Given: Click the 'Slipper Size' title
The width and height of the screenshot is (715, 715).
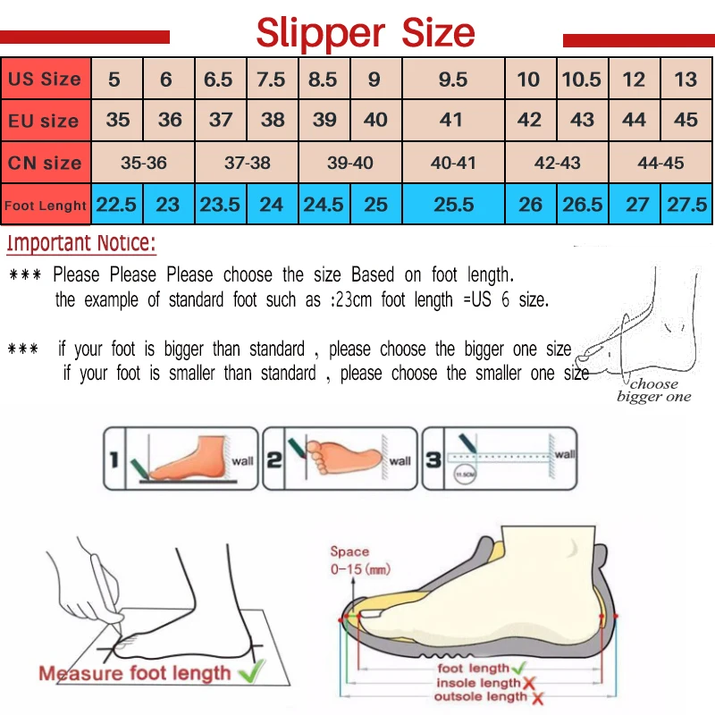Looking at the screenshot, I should pyautogui.click(x=366, y=34).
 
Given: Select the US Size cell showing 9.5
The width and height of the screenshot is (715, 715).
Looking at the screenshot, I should pyautogui.click(x=453, y=80).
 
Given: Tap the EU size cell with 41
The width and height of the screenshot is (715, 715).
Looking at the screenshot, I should pyautogui.click(x=452, y=120).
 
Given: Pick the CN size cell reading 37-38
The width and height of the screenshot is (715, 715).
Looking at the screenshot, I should pyautogui.click(x=247, y=163).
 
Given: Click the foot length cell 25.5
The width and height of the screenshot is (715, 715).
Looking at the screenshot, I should pyautogui.click(x=453, y=205).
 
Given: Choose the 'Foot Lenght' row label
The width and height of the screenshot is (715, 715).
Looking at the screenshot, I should pyautogui.click(x=46, y=205).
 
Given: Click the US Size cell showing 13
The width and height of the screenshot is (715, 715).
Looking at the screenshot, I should pyautogui.click(x=686, y=80).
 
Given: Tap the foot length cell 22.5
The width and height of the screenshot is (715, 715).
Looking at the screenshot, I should pyautogui.click(x=117, y=205).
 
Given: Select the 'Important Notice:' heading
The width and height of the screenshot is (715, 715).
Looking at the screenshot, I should pyautogui.click(x=81, y=243).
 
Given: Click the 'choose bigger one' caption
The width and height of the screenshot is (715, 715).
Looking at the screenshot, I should pyautogui.click(x=654, y=391).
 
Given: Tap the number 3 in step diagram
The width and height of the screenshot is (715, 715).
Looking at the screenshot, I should pyautogui.click(x=433, y=460).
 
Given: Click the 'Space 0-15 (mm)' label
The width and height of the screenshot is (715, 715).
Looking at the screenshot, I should pyautogui.click(x=357, y=560).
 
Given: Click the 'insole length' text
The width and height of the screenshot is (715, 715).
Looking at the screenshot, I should pyautogui.click(x=478, y=682).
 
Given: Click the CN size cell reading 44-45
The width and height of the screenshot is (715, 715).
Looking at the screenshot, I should pyautogui.click(x=661, y=163).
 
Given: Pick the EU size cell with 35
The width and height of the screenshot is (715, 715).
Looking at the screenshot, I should pyautogui.click(x=117, y=120).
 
